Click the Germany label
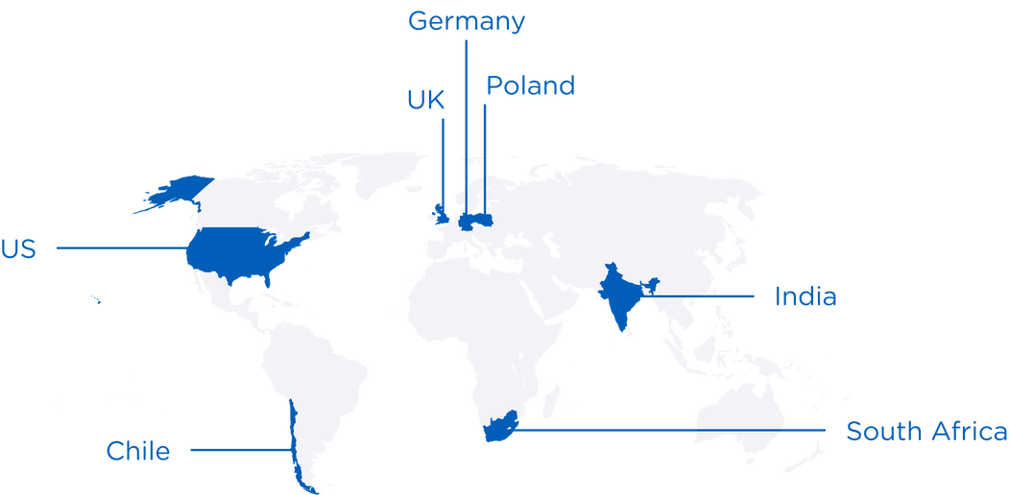pos(467,21)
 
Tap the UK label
pos(426,101)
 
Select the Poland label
pos(530,86)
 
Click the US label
pos(18,249)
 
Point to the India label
pos(805,297)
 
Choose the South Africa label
pos(925,432)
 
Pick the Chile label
pos(139,451)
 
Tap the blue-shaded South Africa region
pos(499,429)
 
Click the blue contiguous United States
pos(240,252)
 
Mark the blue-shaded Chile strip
pos(296,441)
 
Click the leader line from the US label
pos(120,248)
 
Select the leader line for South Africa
pos(672,431)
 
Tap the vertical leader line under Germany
pos(467,115)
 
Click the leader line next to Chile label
pos(240,450)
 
